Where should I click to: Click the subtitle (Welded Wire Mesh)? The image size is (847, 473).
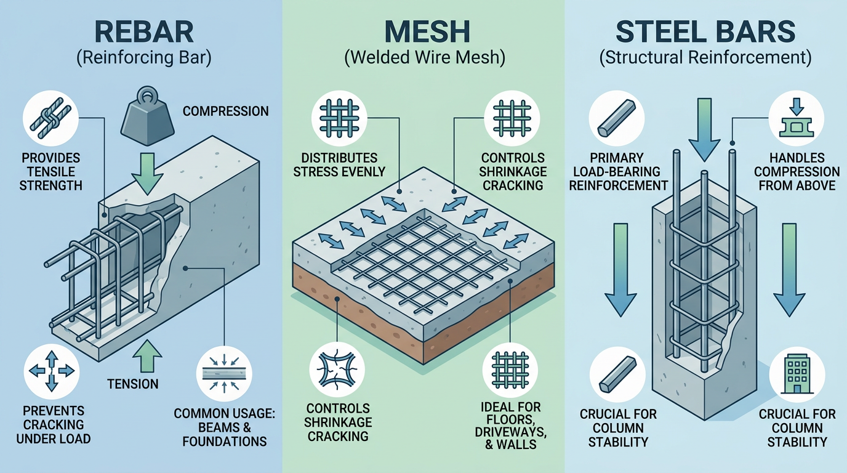(424, 59)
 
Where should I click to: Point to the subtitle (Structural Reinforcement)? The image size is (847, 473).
(705, 59)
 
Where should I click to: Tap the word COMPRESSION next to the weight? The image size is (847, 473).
(225, 111)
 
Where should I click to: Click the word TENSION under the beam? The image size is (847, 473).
(132, 384)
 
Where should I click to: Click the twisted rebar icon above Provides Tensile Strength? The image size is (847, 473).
(49, 118)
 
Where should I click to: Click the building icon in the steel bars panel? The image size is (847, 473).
(797, 371)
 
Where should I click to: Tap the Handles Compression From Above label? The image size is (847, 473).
(797, 171)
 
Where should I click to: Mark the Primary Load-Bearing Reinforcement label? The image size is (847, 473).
(618, 171)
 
